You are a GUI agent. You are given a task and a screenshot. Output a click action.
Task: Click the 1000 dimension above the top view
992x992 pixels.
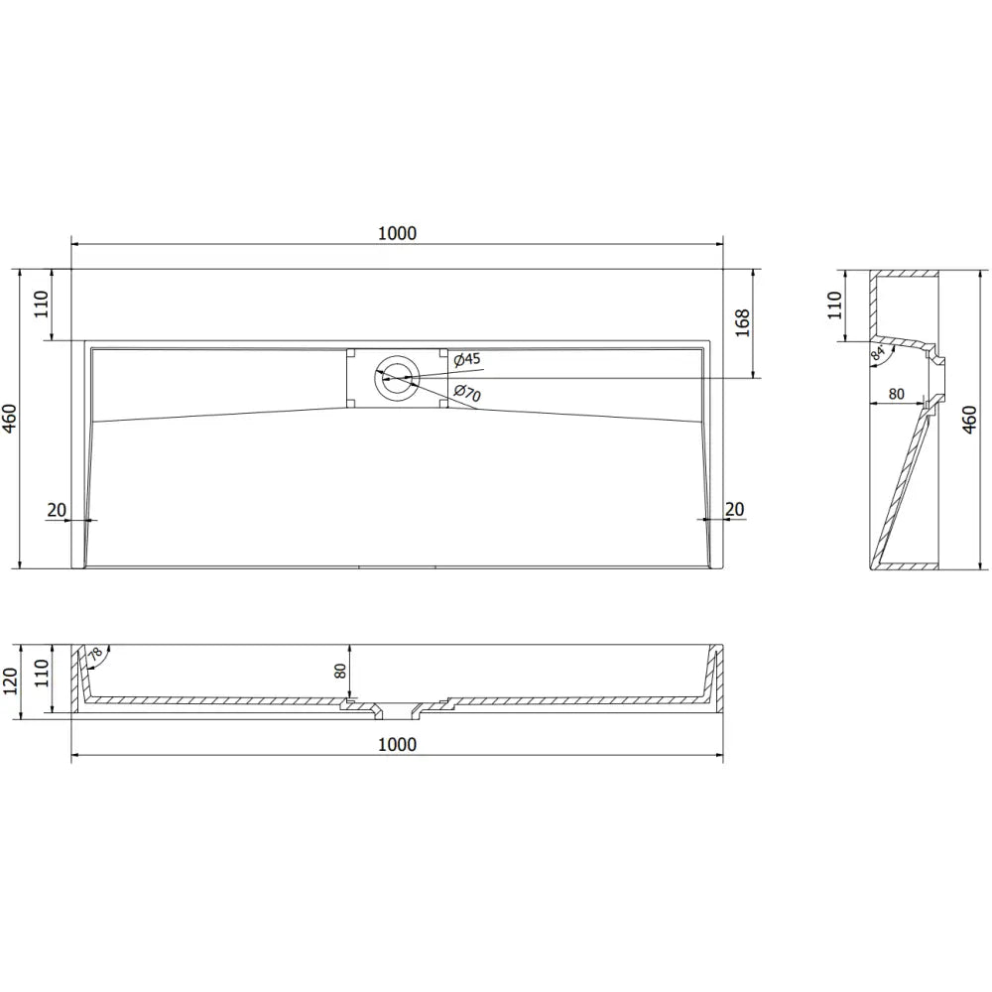[397, 233]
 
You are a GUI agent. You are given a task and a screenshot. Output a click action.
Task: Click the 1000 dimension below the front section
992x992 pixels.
[397, 744]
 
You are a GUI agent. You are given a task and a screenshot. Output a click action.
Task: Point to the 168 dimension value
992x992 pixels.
[743, 323]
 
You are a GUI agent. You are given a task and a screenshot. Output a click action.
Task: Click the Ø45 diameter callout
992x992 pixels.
[466, 359]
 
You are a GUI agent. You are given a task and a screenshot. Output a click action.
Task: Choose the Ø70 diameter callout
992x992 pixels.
[466, 394]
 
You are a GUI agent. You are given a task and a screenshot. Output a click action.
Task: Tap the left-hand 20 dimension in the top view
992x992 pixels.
[57, 510]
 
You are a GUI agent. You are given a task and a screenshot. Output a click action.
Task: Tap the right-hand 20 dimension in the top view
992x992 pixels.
[735, 510]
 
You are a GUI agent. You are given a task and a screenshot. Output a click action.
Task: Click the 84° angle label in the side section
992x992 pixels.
[878, 352]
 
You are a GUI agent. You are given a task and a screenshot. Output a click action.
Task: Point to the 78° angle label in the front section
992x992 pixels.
[94, 656]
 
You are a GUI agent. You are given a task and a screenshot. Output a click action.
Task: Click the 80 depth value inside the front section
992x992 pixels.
[339, 671]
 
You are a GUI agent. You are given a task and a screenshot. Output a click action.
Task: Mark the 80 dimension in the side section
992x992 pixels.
[896, 394]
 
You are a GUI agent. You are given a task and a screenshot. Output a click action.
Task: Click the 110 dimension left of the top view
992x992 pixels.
[41, 305]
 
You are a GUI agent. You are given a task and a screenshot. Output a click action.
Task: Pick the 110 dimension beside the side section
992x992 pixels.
[836, 305]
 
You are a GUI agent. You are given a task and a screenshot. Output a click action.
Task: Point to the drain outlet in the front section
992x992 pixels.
[397, 710]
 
